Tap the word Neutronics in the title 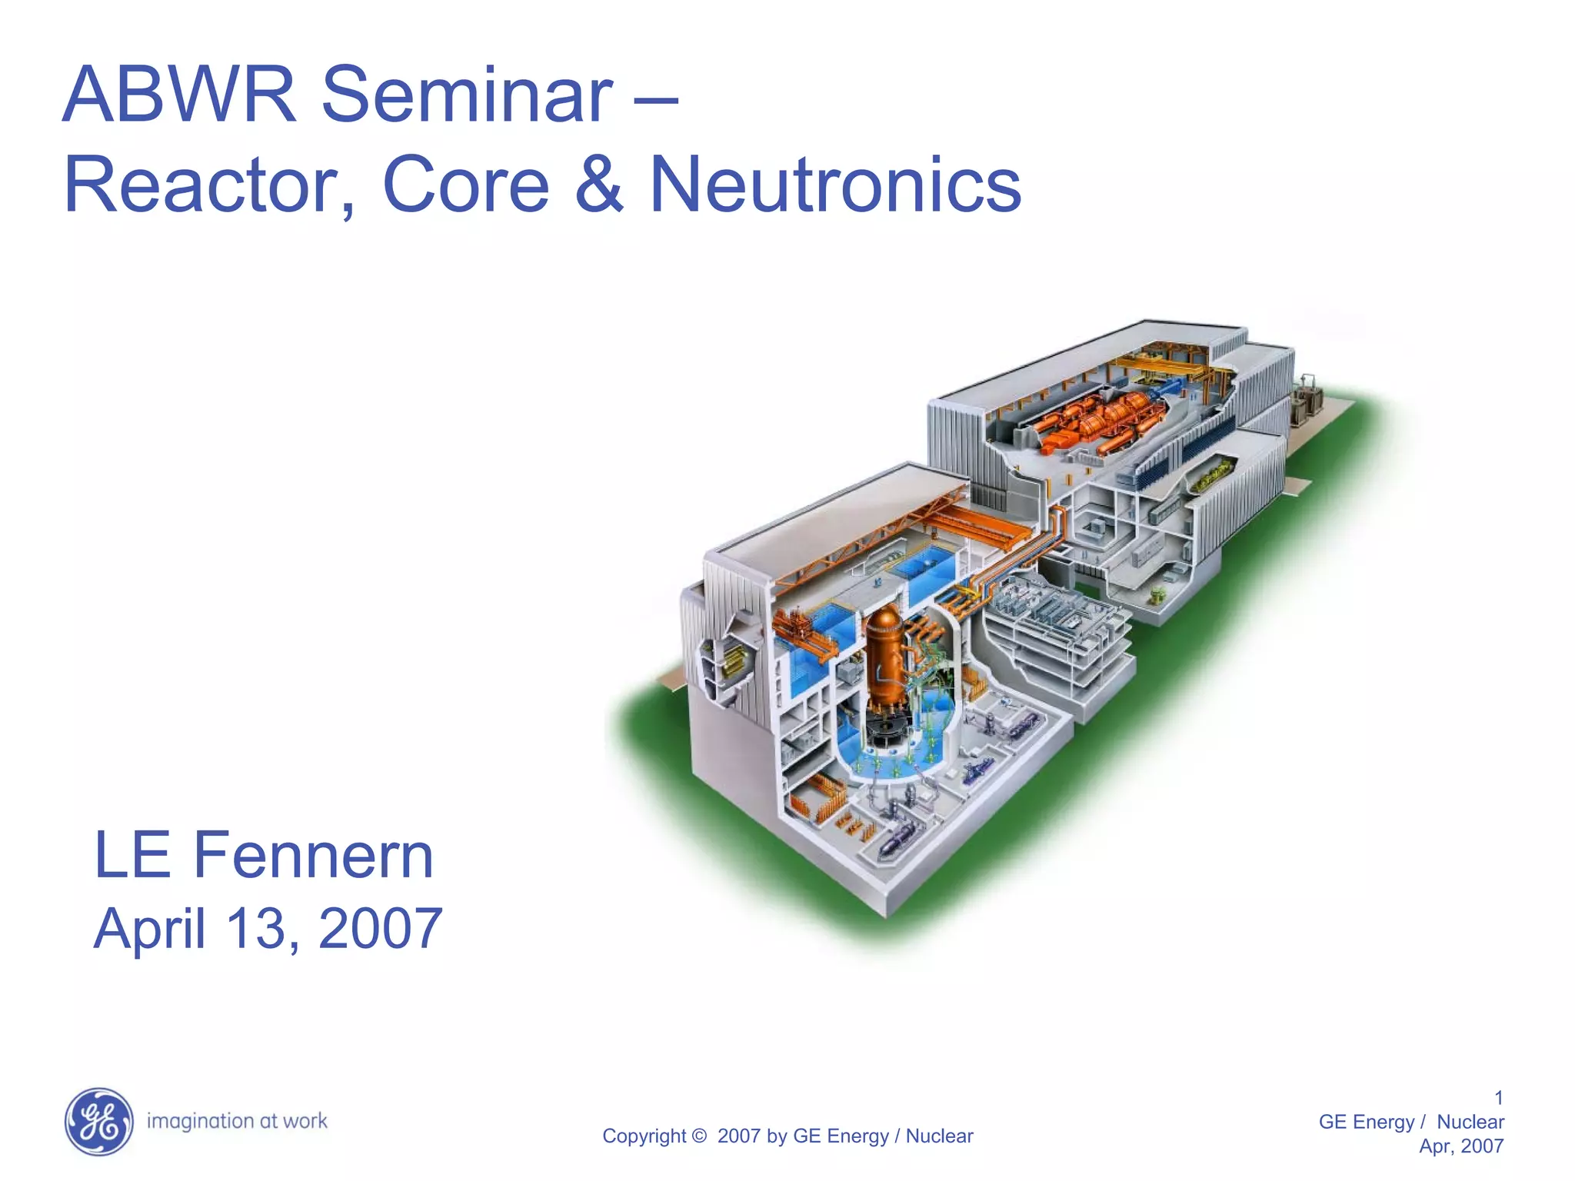click(x=835, y=185)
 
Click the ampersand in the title click(x=599, y=185)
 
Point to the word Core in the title click(x=466, y=185)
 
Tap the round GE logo click(x=98, y=1122)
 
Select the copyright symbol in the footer click(x=698, y=1136)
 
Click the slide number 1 click(x=1498, y=1097)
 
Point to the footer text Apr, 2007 click(x=1461, y=1146)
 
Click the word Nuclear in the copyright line click(x=939, y=1136)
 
